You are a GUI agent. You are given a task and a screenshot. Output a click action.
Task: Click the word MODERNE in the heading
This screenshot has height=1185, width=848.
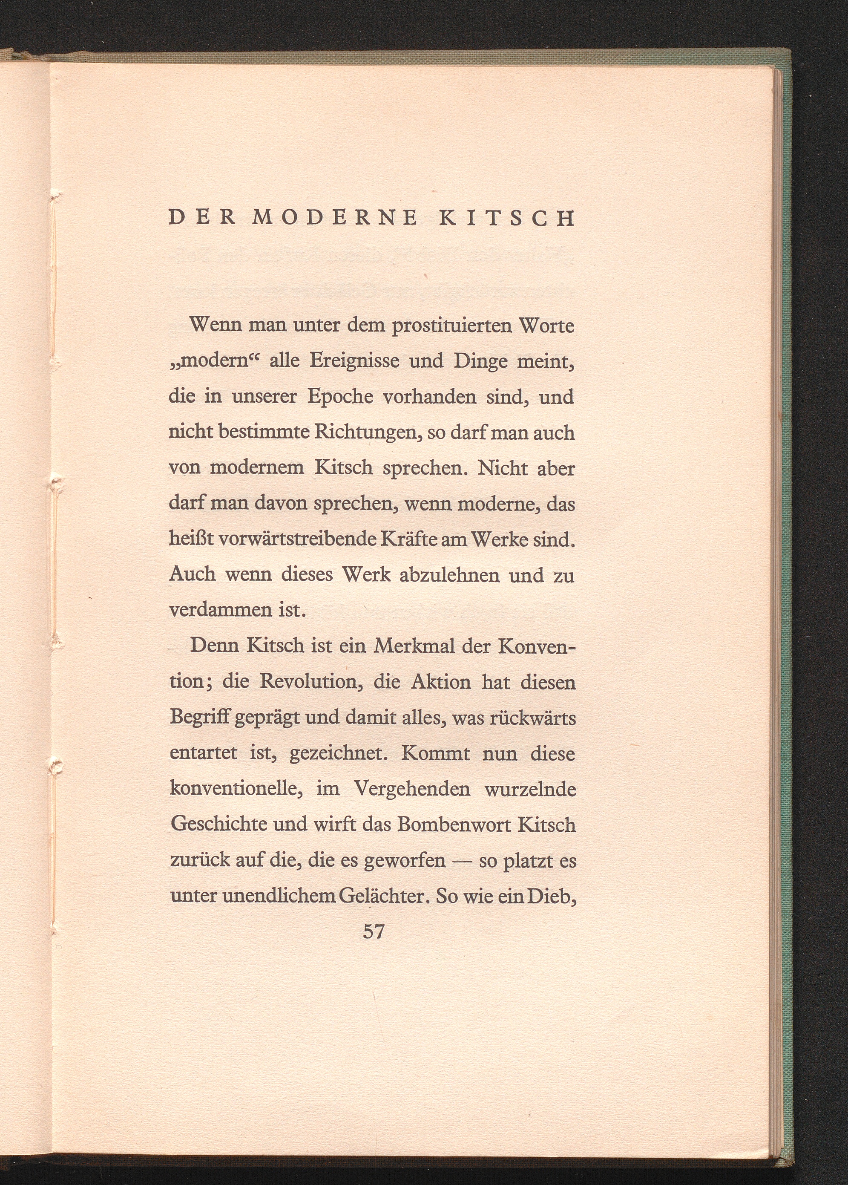pos(335,218)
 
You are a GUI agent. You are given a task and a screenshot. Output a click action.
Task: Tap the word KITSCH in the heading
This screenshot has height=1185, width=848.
pos(506,218)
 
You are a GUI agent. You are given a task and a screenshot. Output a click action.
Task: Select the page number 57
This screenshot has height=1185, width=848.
pos(374,931)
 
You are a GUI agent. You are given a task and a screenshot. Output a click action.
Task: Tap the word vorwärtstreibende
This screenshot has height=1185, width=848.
pos(298,539)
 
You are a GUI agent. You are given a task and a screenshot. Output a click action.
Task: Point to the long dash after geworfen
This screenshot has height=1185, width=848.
pos(462,861)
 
